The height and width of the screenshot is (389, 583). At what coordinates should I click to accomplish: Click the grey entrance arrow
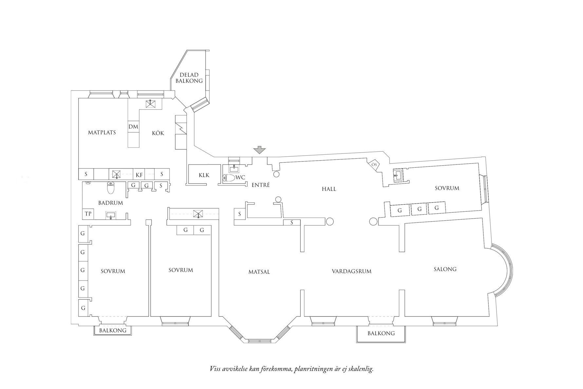click(260, 150)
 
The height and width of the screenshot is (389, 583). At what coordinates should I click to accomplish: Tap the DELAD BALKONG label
click(189, 78)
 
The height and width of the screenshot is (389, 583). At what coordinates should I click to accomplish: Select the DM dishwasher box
click(133, 127)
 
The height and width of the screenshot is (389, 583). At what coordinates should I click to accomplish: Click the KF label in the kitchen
click(139, 175)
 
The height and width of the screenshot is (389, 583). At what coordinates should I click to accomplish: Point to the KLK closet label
click(204, 175)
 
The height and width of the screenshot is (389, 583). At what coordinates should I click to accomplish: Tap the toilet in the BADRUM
click(111, 188)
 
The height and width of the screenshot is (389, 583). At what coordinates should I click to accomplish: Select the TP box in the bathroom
click(88, 214)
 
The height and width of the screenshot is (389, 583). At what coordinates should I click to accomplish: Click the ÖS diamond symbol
click(374, 165)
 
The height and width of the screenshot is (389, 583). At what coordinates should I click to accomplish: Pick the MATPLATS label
click(102, 133)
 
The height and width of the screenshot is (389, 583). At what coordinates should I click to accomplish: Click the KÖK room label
click(158, 133)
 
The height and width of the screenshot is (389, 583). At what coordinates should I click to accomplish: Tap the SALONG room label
click(445, 269)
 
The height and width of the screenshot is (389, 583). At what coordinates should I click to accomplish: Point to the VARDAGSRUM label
click(351, 271)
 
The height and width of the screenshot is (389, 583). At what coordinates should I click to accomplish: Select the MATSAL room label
click(259, 272)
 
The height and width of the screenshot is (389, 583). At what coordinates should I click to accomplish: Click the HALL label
click(329, 189)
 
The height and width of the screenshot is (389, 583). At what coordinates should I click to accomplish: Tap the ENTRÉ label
click(260, 185)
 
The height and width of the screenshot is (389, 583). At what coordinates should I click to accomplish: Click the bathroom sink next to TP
click(111, 215)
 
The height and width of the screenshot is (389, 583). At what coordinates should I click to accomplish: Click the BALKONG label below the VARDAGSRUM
click(381, 334)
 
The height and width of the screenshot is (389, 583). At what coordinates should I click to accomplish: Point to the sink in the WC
click(234, 168)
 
